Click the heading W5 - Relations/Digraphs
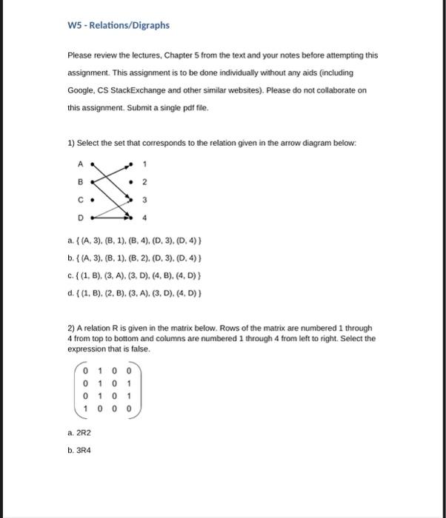[x=119, y=25]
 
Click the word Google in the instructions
[x=81, y=90]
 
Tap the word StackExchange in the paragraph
[x=136, y=90]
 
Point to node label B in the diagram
[x=80, y=181]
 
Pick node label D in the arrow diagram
[x=80, y=218]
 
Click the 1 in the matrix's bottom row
[x=87, y=408]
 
